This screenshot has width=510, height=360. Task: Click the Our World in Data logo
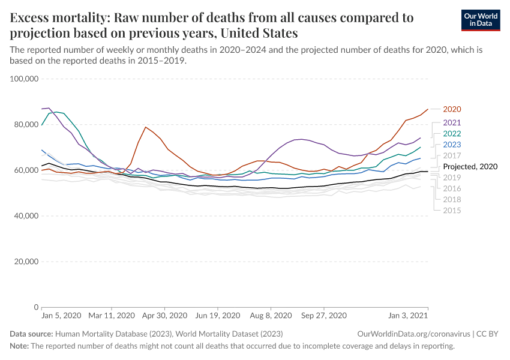(481, 20)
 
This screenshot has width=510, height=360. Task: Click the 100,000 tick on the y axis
(25, 79)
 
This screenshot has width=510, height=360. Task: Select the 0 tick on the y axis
(36, 307)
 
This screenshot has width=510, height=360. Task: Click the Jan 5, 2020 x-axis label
(61, 316)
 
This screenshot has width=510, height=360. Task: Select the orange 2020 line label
(452, 109)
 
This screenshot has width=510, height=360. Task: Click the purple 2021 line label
(452, 122)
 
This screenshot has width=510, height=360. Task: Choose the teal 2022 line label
(452, 133)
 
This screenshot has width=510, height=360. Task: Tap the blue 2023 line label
(452, 145)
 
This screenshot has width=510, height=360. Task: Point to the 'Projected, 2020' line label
(470, 166)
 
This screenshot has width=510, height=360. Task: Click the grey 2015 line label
(452, 211)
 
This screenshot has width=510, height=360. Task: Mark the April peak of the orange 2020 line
(145, 127)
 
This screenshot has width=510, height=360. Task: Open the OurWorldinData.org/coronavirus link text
(407, 334)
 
